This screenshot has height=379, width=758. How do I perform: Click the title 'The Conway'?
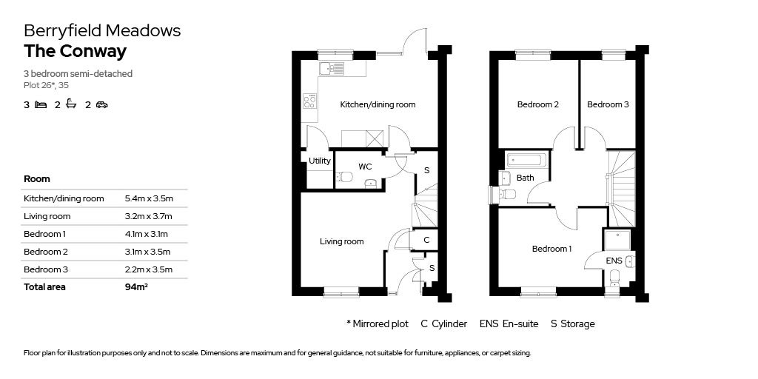pos(75,51)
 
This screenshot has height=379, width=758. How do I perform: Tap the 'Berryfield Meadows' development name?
pos(102,30)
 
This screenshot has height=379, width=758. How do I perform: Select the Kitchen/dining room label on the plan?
pos(378,104)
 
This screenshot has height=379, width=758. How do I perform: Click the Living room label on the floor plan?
pos(341,241)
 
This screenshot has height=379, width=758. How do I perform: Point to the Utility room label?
pos(320,161)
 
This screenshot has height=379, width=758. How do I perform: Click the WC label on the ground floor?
pos(365,167)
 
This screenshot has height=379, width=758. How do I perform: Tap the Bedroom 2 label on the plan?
pos(537,104)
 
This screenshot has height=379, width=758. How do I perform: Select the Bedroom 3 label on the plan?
pos(608,104)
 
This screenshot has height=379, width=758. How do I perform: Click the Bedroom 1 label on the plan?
pos(551,249)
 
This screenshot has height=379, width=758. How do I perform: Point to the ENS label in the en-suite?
pos(614,261)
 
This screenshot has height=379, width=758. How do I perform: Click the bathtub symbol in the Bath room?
pos(526,160)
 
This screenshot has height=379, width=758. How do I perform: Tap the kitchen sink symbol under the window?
pos(332,69)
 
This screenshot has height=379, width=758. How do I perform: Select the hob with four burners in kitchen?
pos(309,101)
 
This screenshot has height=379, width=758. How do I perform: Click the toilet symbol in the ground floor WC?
pos(344,177)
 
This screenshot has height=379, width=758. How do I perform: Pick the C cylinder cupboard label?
pos(426,240)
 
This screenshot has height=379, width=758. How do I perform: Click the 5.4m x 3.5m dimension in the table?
pos(149,198)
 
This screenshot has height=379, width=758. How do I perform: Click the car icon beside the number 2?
pos(101,105)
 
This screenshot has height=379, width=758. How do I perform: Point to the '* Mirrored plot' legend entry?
pos(377,323)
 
